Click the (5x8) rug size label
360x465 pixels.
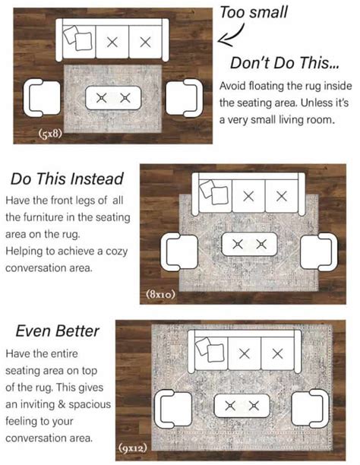(x=50, y=134)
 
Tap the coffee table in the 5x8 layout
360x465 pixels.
(x=114, y=97)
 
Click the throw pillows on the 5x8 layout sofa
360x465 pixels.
(x=77, y=38)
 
